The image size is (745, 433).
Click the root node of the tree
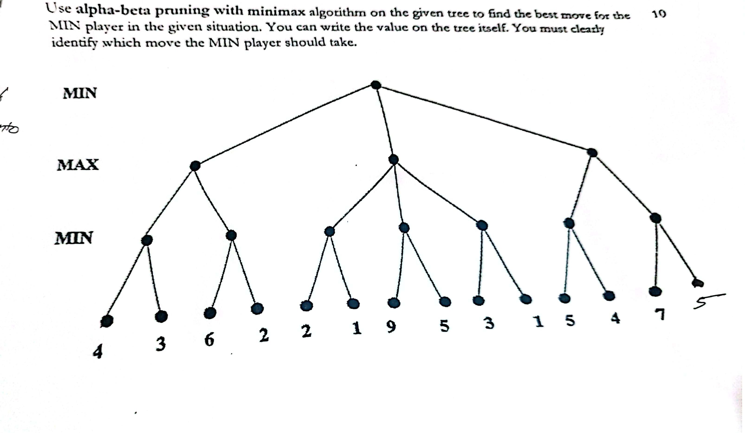point(376,85)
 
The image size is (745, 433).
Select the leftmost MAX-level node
point(195,166)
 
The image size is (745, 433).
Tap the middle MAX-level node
point(393,159)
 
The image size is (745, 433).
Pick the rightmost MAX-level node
point(592,153)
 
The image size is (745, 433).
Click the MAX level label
point(78,165)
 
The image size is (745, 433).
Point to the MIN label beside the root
point(80,93)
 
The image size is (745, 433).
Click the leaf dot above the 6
point(210,313)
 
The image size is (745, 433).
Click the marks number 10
point(659,14)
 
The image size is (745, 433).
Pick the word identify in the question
point(74,43)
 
